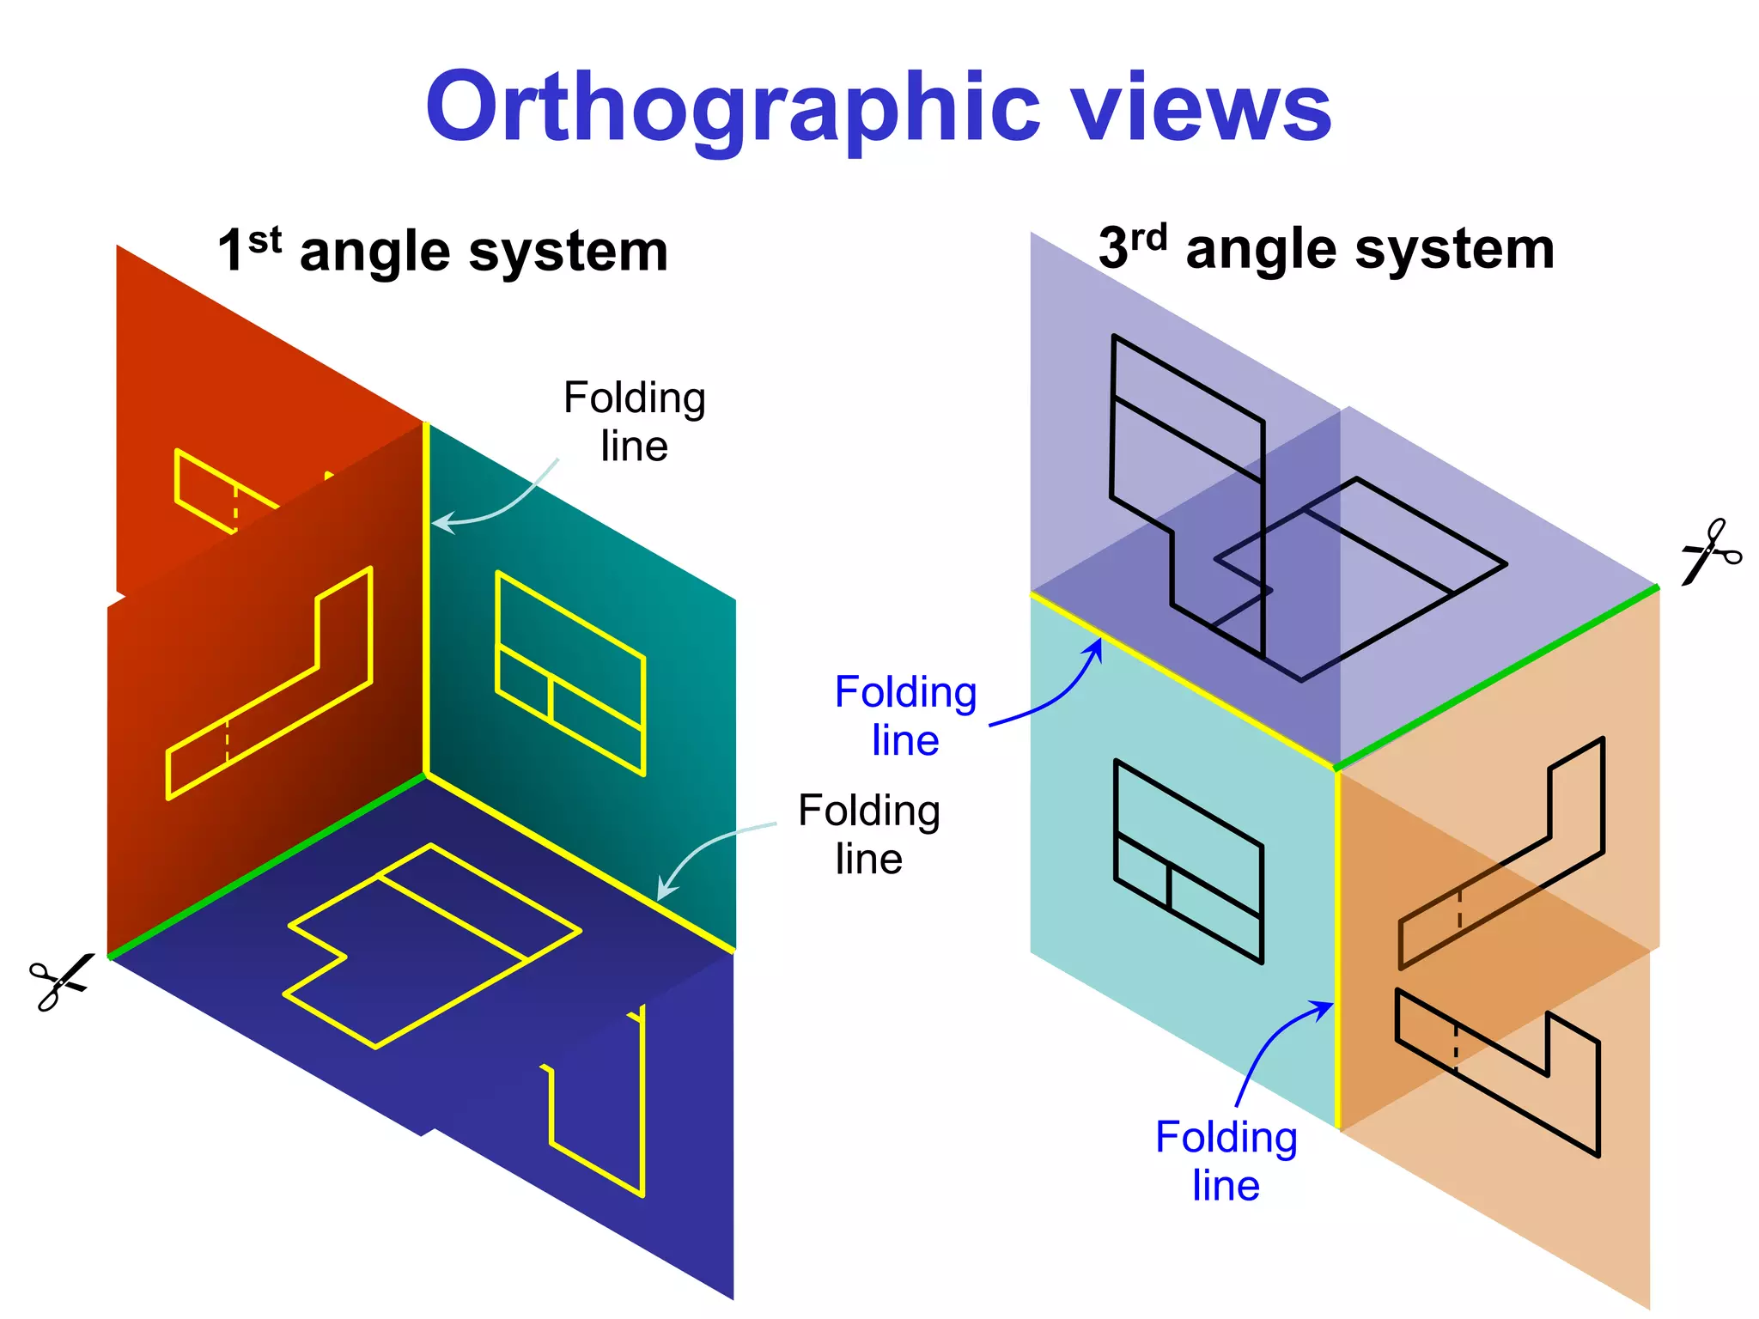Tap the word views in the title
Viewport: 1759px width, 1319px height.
[x=1202, y=108]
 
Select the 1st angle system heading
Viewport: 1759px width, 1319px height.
[x=442, y=251]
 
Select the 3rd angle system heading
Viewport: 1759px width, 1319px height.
[x=1326, y=249]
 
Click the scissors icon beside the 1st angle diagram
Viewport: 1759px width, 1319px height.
[x=60, y=982]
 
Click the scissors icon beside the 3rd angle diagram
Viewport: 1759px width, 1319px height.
[x=1710, y=551]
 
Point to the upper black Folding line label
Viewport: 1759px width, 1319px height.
[x=634, y=422]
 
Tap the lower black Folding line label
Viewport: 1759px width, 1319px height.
[x=868, y=834]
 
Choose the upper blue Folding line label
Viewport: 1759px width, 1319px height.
[x=905, y=715]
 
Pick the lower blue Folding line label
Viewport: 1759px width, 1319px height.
[x=1226, y=1161]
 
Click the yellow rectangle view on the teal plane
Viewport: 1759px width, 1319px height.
[x=570, y=673]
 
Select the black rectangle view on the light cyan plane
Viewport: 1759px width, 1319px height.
[x=1188, y=861]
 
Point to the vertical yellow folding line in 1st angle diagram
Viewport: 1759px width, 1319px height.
[x=425, y=601]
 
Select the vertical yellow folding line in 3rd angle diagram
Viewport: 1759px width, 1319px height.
[x=1337, y=945]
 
